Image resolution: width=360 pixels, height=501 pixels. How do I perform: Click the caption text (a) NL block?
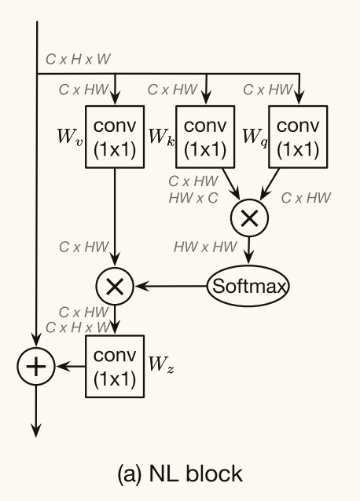[x=180, y=474]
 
